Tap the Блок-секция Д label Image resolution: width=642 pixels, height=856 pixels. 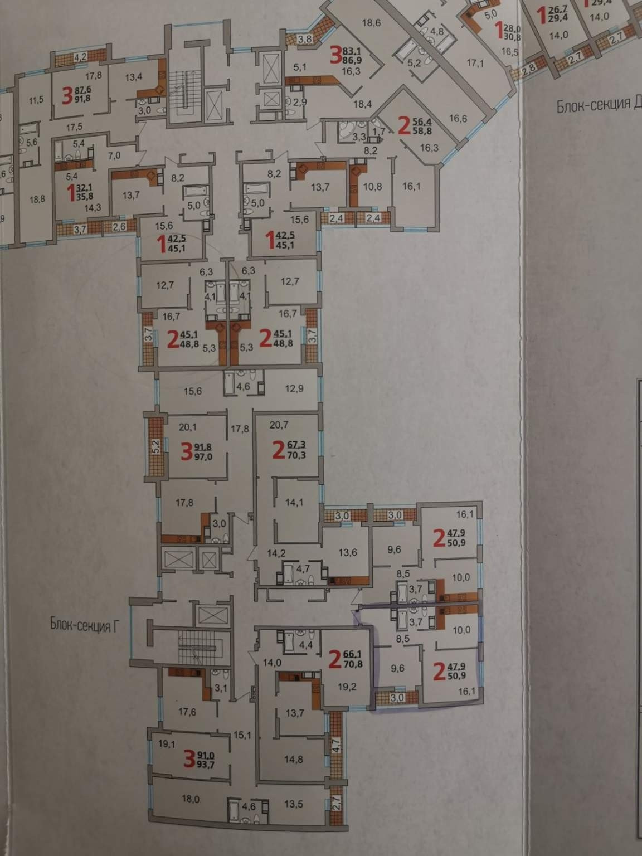598,106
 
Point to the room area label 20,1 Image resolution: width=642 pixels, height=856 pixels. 188,428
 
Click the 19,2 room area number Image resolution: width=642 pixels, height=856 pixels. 347,687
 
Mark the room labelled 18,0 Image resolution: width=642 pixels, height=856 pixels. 190,799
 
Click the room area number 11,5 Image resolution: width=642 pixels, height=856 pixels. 36,100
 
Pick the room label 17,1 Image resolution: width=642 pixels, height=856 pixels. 475,63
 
